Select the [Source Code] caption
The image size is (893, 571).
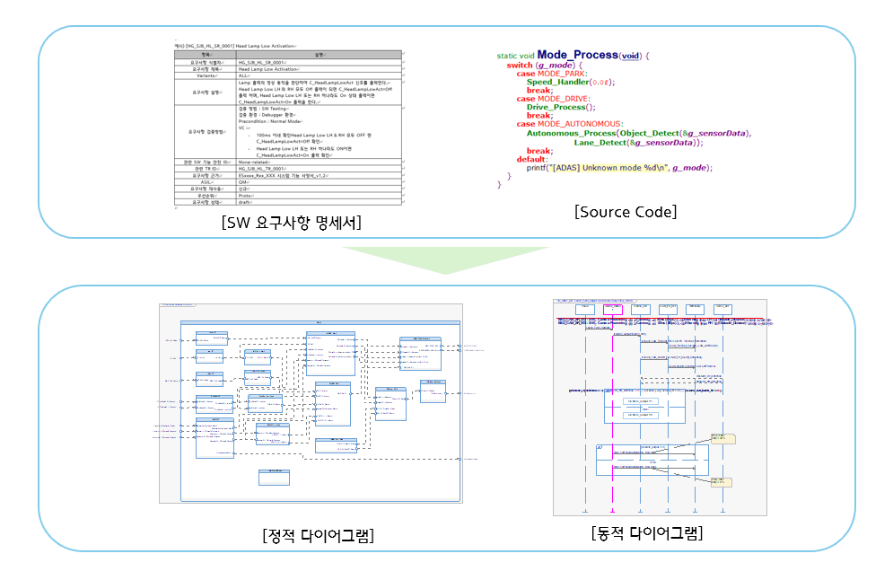click(626, 212)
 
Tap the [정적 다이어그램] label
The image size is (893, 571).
click(319, 536)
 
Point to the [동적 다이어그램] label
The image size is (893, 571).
click(647, 532)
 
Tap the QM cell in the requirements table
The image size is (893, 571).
click(243, 181)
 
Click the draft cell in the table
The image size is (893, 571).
click(245, 202)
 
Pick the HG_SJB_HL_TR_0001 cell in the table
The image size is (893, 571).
click(262, 168)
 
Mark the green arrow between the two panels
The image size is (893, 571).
click(447, 259)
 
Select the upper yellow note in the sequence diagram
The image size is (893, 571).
click(722, 438)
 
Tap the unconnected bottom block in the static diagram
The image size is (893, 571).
click(274, 478)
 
